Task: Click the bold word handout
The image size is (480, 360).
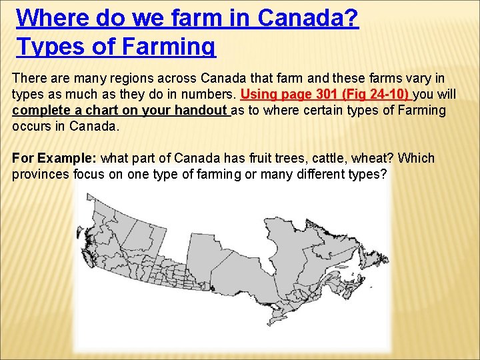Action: [198, 110]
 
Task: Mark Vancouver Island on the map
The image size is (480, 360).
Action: [84, 235]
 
